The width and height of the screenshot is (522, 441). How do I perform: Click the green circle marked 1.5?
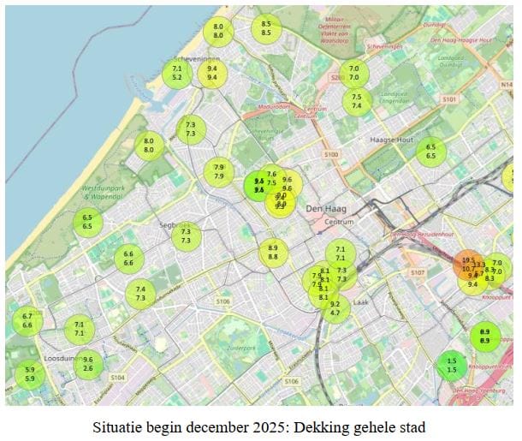point(451,365)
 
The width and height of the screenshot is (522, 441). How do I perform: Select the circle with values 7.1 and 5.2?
point(177,73)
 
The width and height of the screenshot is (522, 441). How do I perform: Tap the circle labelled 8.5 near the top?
point(266,28)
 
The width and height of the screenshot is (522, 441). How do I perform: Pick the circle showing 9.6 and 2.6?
point(88,364)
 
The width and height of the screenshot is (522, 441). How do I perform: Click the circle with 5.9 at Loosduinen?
point(30,374)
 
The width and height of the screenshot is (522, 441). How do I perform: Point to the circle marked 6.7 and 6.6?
point(27,320)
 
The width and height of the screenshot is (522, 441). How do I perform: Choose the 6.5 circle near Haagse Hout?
point(431,151)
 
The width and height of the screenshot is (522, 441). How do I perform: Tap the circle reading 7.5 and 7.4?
point(357,100)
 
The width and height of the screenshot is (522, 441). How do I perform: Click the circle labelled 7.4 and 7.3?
point(140,293)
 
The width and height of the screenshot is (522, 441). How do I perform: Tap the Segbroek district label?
point(175,225)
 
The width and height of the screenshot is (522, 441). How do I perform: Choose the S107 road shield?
point(417,272)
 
